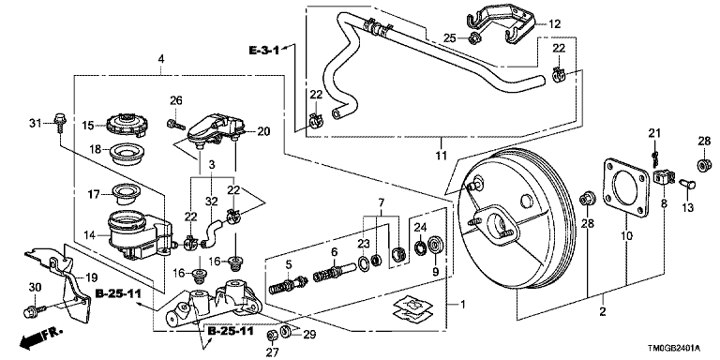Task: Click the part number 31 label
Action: point(35,123)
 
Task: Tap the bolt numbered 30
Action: point(34,311)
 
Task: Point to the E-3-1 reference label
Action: point(264,50)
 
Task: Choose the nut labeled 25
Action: point(474,37)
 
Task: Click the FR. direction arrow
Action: point(39,337)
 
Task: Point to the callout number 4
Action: point(160,59)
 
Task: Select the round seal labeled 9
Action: point(434,245)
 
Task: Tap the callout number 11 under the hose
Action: point(441,156)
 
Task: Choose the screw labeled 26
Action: point(176,124)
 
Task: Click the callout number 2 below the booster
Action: point(603,312)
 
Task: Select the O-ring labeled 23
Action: point(364,264)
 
